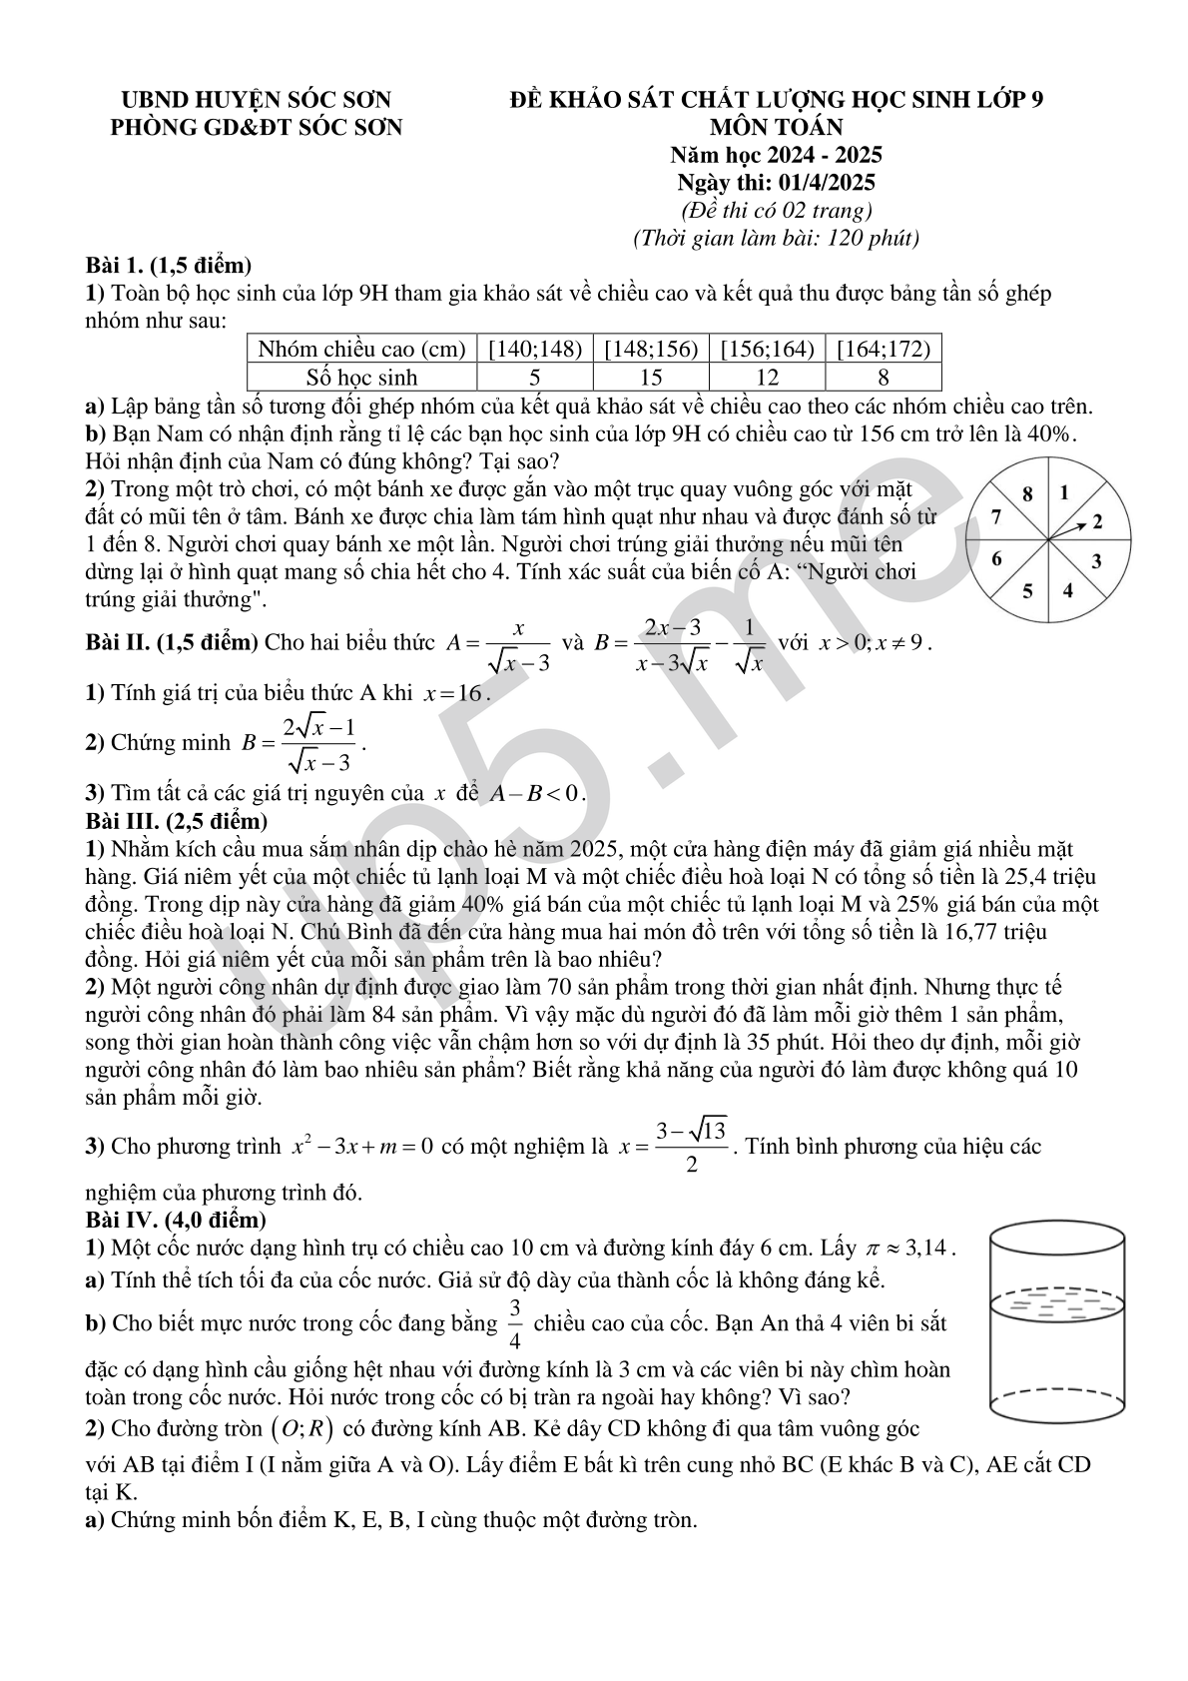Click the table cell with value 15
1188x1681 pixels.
[650, 377]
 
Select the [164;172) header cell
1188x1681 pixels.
[883, 349]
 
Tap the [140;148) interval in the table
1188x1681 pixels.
[534, 349]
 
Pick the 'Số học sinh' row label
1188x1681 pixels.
[361, 377]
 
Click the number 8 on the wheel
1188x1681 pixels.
[1028, 493]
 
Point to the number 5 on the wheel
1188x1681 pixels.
[1027, 590]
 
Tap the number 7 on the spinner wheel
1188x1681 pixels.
[995, 516]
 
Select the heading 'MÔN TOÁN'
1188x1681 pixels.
[776, 127]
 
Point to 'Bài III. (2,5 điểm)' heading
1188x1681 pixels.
[177, 821]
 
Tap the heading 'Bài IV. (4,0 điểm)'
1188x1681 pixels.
[176, 1220]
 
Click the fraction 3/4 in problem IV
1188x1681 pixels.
[515, 1323]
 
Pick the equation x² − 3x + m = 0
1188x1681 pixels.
[361, 1147]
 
